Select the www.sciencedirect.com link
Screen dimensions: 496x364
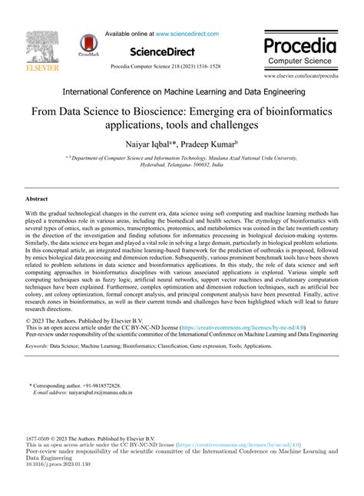pyautogui.click(x=187, y=34)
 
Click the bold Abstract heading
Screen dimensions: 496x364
pyautogui.click(x=38, y=198)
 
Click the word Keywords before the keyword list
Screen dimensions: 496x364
pyautogui.click(x=35, y=346)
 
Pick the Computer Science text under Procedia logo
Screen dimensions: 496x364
pyautogui.click(x=299, y=60)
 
